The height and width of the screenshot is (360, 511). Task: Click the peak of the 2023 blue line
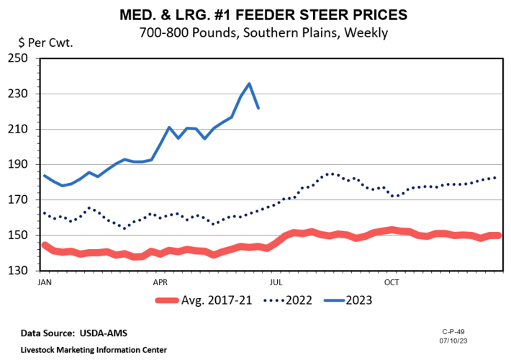pyautogui.click(x=249, y=84)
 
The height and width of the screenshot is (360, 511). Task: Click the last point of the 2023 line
pyautogui.click(x=258, y=108)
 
